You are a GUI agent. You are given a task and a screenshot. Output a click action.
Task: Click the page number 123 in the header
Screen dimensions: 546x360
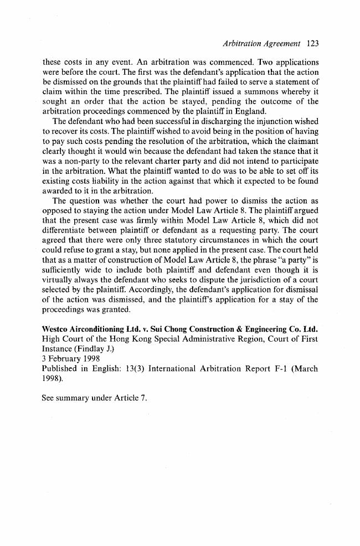coord(312,43)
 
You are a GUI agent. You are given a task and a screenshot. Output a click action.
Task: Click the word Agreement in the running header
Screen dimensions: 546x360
coord(280,43)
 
